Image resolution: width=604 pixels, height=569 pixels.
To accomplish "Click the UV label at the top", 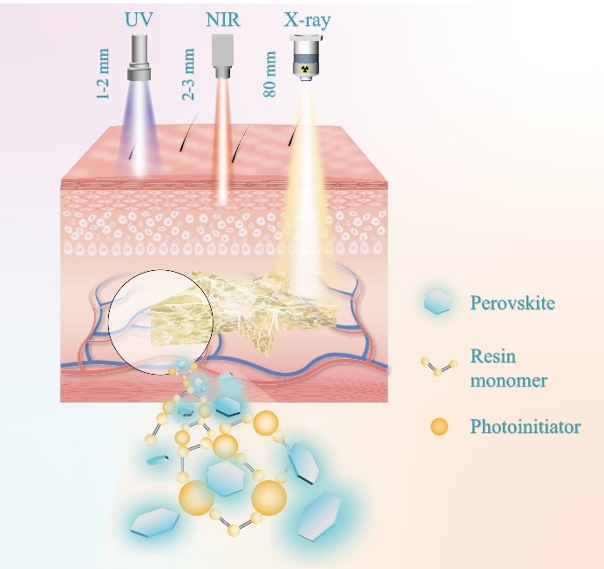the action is tap(139, 19).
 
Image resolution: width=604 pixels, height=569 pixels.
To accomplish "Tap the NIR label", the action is tap(222, 19).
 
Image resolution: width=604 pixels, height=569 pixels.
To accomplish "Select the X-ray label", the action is tap(307, 20).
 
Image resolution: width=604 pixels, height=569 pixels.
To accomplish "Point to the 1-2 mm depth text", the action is tap(103, 73).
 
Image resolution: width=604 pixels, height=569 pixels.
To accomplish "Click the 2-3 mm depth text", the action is tap(187, 74).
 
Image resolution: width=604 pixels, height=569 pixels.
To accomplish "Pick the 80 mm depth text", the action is tap(269, 74).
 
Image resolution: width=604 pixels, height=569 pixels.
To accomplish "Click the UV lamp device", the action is tap(139, 58).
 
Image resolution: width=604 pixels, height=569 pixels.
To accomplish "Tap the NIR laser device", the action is tap(222, 57).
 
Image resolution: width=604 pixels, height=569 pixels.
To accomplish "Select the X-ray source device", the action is tap(307, 58).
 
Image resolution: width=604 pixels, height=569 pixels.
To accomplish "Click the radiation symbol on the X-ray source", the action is tap(307, 69).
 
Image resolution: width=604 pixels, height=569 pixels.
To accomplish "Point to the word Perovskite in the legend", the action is tap(512, 303).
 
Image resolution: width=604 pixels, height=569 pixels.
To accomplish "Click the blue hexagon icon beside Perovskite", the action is tap(438, 301).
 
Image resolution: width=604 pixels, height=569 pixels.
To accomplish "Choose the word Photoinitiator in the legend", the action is tap(525, 427).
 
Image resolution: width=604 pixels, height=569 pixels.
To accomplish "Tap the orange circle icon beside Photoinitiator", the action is tap(439, 427).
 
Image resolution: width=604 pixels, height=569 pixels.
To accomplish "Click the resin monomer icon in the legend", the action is tap(438, 366).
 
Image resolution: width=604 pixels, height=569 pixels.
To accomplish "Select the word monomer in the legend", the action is tap(509, 381).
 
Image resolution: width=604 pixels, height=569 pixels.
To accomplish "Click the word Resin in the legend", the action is tap(493, 356).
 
